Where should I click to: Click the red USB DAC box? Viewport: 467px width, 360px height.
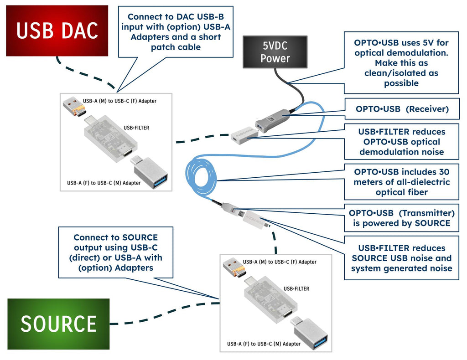pyautogui.click(x=57, y=31)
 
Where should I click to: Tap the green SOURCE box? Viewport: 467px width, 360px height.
pyautogui.click(x=58, y=324)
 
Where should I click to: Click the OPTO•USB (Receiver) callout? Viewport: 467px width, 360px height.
pyautogui.click(x=401, y=109)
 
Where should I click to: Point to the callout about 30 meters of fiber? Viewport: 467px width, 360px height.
pyautogui.click(x=401, y=182)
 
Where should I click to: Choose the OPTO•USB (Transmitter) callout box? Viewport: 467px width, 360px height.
pyautogui.click(x=401, y=218)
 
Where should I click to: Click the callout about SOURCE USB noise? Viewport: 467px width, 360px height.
pyautogui.click(x=401, y=258)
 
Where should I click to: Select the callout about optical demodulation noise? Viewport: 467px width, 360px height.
pyautogui.click(x=401, y=141)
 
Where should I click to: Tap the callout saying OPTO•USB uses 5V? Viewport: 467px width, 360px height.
pyautogui.click(x=401, y=63)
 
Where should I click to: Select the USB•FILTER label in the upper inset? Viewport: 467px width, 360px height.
pyautogui.click(x=136, y=128)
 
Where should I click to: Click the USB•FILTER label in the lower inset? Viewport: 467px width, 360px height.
pyautogui.click(x=296, y=289)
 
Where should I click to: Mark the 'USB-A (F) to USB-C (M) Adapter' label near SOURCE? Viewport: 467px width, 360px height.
pyautogui.click(x=264, y=344)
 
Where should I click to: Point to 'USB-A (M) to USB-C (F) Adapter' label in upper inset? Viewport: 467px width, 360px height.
pyautogui.click(x=119, y=101)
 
